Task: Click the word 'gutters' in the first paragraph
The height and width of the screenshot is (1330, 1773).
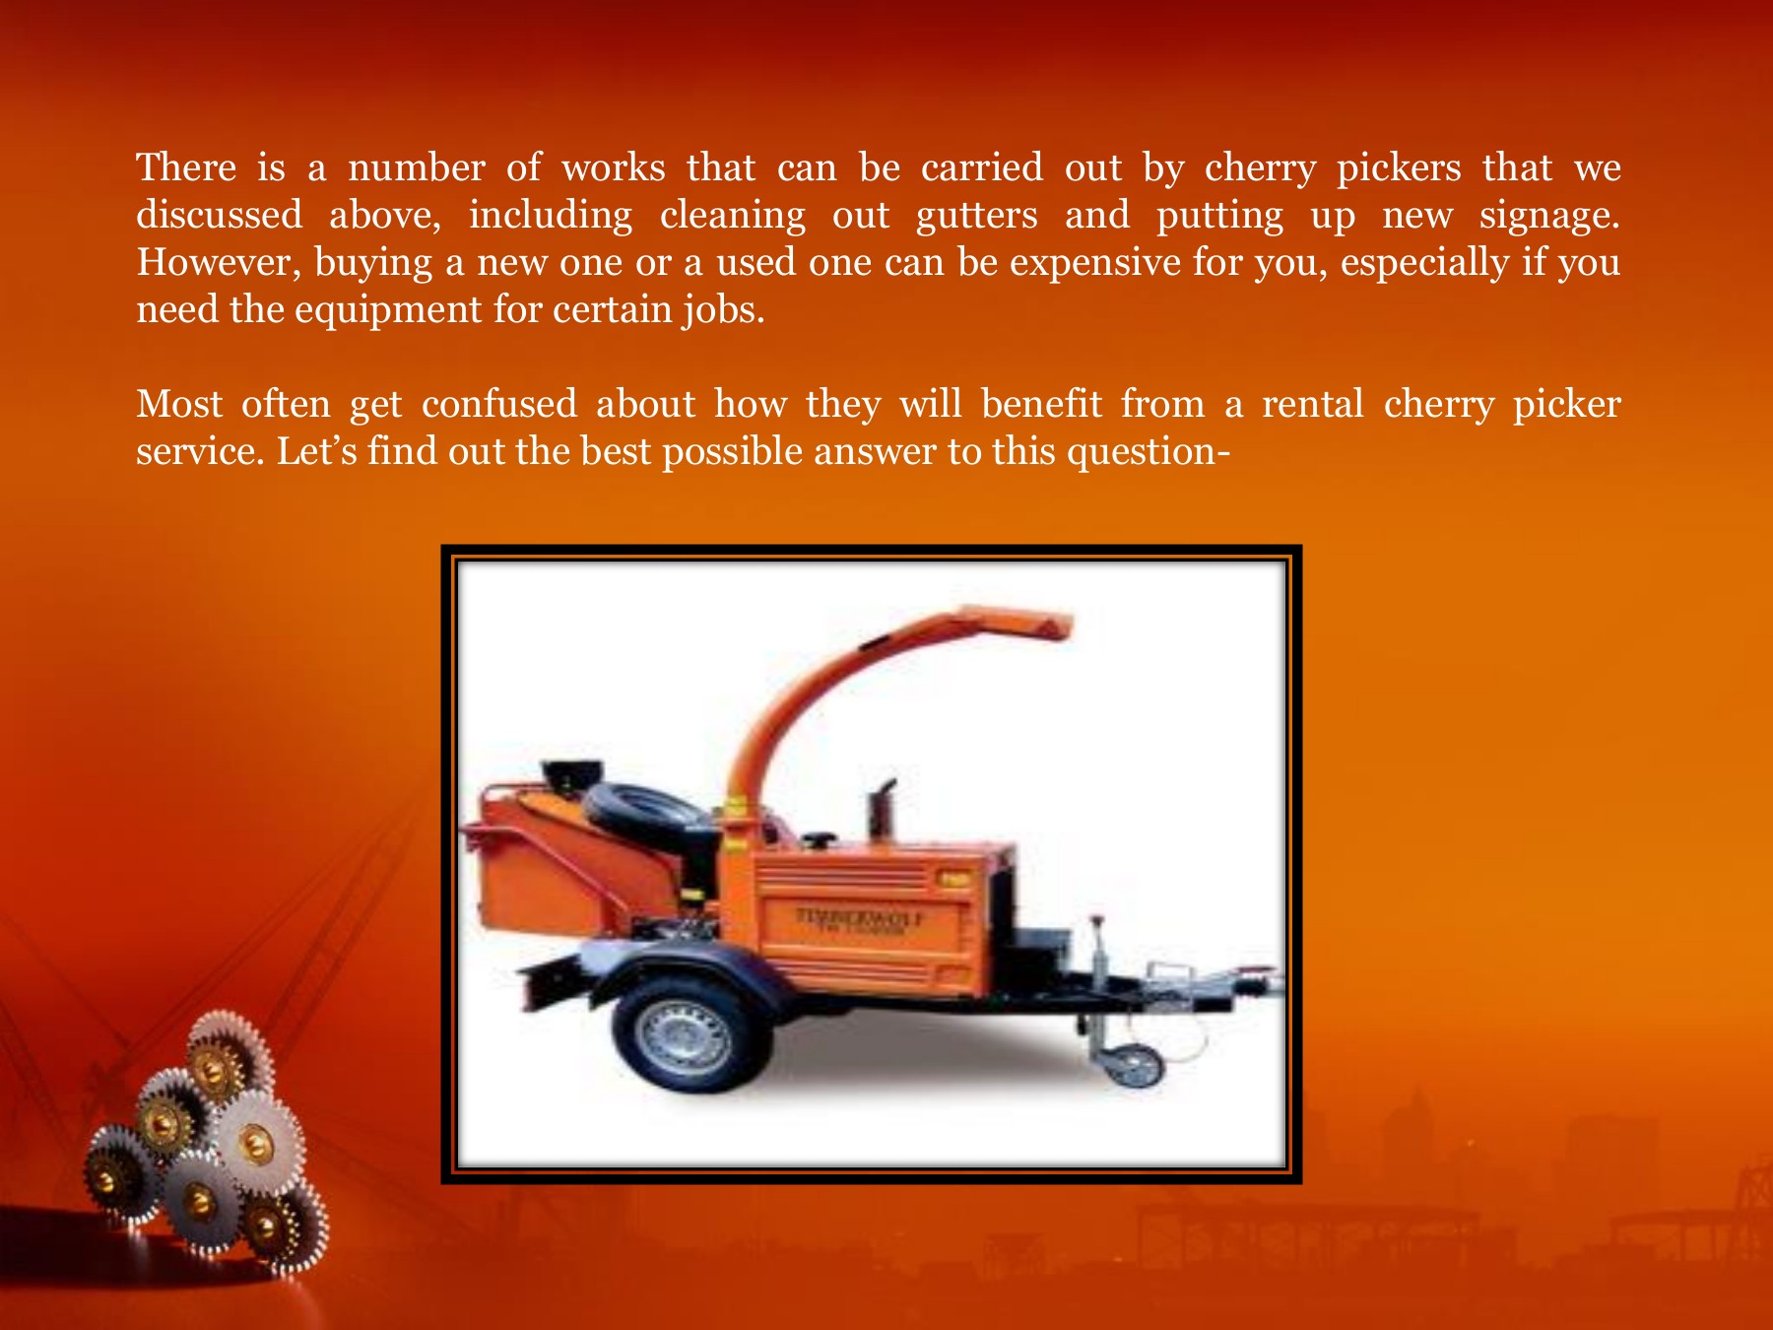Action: (x=976, y=216)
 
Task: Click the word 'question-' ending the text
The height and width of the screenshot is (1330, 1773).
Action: (x=1149, y=451)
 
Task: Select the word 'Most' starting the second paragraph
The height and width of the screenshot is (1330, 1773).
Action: (x=179, y=404)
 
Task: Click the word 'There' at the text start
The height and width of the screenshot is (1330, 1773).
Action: (x=186, y=167)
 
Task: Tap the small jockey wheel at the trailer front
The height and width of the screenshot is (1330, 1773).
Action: (x=1133, y=1066)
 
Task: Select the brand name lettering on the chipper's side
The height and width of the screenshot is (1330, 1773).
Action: (x=860, y=918)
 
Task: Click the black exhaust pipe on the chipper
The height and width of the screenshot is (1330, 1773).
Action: (x=882, y=813)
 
